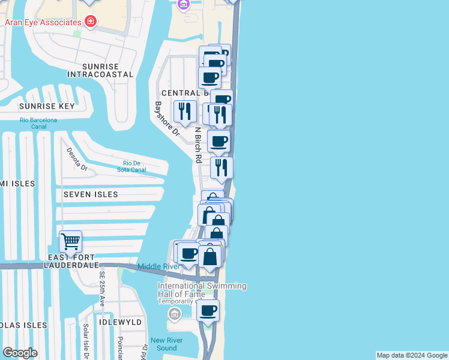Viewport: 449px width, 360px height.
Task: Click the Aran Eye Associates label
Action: pyautogui.click(x=43, y=22)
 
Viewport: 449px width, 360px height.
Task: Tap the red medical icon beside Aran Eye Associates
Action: pyautogui.click(x=91, y=22)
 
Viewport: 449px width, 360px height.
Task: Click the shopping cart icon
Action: pyautogui.click(x=70, y=242)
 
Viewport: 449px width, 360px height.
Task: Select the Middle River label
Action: pyautogui.click(x=158, y=266)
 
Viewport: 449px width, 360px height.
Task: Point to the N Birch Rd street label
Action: pyautogui.click(x=197, y=145)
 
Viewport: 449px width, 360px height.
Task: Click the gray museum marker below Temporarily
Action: pyautogui.click(x=174, y=314)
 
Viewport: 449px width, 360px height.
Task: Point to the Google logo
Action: pyautogui.click(x=20, y=353)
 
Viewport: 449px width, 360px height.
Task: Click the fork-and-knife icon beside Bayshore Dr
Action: pyautogui.click(x=184, y=110)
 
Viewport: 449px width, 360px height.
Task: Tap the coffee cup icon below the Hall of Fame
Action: pyautogui.click(x=208, y=310)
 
